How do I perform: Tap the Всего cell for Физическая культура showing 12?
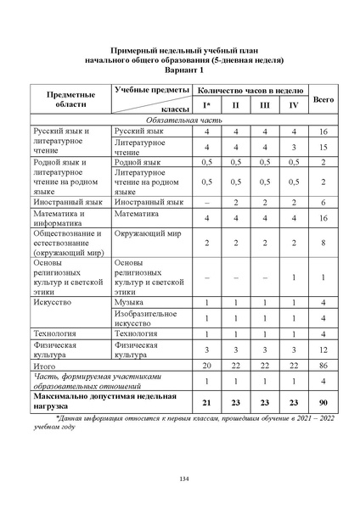click(x=323, y=350)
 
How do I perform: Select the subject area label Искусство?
click(x=52, y=302)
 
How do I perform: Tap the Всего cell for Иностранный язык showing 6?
click(x=323, y=203)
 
